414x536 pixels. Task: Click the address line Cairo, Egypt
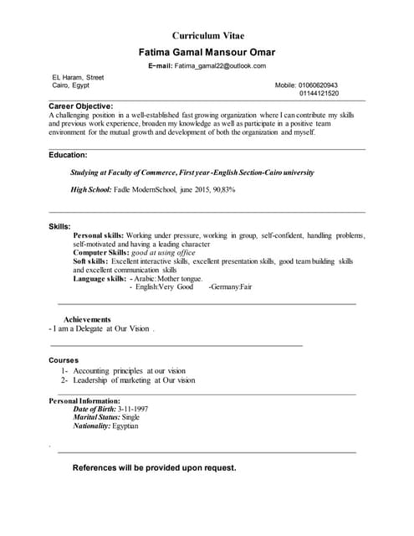[x=71, y=85]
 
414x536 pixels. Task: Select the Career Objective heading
[x=80, y=106]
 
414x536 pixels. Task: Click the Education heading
[x=68, y=155]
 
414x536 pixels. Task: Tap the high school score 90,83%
[x=218, y=190]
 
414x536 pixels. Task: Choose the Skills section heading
[x=59, y=227]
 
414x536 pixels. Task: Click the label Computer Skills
[x=100, y=252]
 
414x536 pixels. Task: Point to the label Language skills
[x=100, y=278]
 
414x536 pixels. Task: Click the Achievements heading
[x=87, y=319]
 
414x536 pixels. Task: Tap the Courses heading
[x=64, y=360]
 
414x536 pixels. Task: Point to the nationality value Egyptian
[x=125, y=425]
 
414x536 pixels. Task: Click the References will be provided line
[x=154, y=467]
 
